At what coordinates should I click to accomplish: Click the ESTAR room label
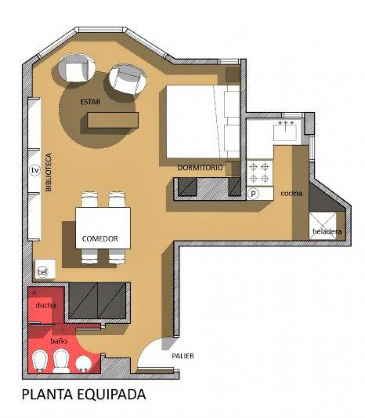(x=90, y=102)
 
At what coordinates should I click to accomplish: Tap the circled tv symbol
(x=35, y=170)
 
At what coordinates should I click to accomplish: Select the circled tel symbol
(x=41, y=272)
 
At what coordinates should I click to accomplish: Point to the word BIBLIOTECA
(x=49, y=172)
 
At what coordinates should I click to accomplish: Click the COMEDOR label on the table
(x=100, y=238)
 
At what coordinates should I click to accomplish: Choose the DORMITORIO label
(x=200, y=168)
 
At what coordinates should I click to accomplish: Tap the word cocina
(x=291, y=193)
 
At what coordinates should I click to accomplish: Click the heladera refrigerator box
(x=322, y=226)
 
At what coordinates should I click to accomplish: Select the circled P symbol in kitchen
(x=253, y=194)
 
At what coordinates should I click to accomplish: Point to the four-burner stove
(x=260, y=173)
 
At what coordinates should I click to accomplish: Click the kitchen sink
(x=285, y=132)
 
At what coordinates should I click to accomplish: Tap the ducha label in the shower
(x=46, y=305)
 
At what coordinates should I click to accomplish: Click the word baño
(x=59, y=341)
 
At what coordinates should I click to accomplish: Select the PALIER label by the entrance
(x=183, y=356)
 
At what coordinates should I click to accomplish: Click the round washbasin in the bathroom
(x=83, y=363)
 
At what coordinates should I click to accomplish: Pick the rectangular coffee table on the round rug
(x=113, y=120)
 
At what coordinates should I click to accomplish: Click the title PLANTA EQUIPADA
(x=84, y=394)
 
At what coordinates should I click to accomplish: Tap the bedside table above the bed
(x=232, y=75)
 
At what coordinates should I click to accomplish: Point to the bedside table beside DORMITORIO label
(x=232, y=169)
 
